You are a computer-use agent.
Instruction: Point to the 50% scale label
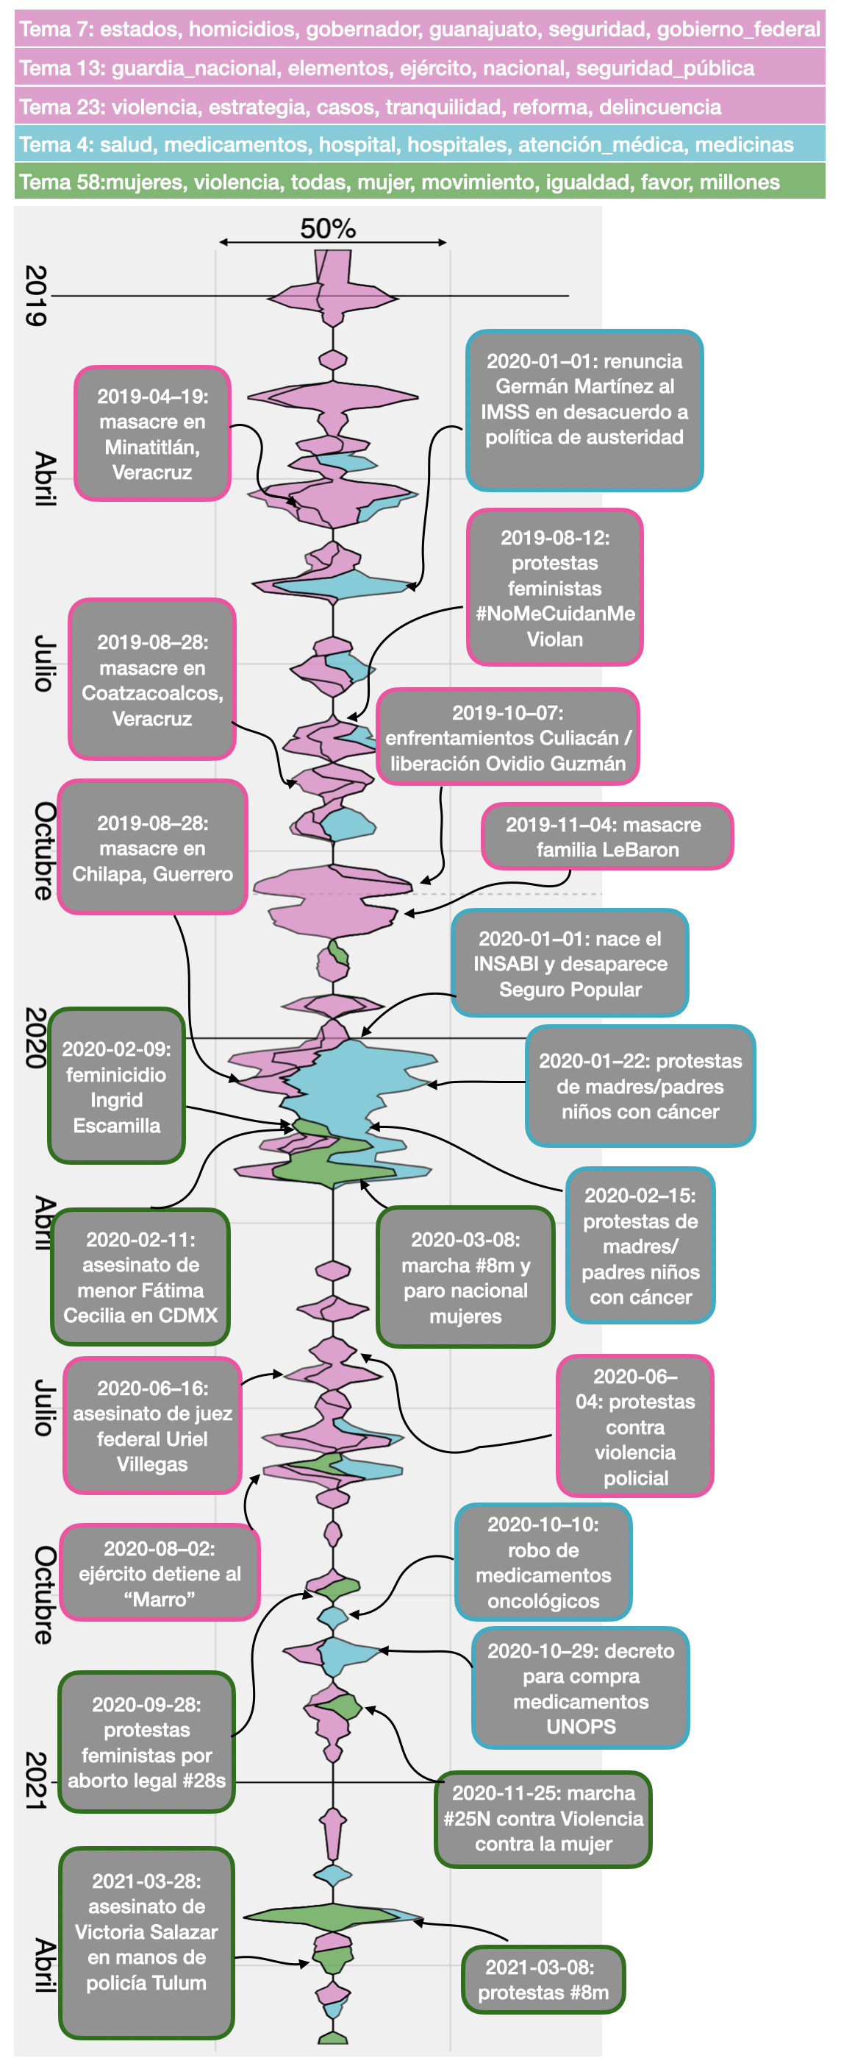pyautogui.click(x=328, y=228)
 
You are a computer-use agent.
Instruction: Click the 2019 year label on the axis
pyautogui.click(x=36, y=295)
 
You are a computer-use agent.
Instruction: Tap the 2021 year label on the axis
pyautogui.click(x=36, y=1781)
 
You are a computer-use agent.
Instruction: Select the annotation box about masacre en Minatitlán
pyautogui.click(x=152, y=433)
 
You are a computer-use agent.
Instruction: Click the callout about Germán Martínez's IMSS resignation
pyautogui.click(x=584, y=411)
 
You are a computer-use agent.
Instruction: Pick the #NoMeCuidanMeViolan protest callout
pyautogui.click(x=555, y=588)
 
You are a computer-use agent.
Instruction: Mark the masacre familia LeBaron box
pyautogui.click(x=607, y=837)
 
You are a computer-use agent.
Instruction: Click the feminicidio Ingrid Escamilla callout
pyautogui.click(x=117, y=1086)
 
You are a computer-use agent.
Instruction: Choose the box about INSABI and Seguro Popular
pyautogui.click(x=570, y=964)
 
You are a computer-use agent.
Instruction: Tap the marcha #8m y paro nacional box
pyautogui.click(x=465, y=1277)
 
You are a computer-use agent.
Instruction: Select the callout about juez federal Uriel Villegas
pyautogui.click(x=152, y=1425)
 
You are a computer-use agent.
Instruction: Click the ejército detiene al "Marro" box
pyautogui.click(x=160, y=1572)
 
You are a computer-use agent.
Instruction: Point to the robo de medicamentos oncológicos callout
pyautogui.click(x=543, y=1562)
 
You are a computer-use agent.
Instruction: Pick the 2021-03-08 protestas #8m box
pyautogui.click(x=543, y=1979)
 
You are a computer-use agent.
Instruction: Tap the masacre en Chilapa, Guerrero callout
pyautogui.click(x=152, y=848)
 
